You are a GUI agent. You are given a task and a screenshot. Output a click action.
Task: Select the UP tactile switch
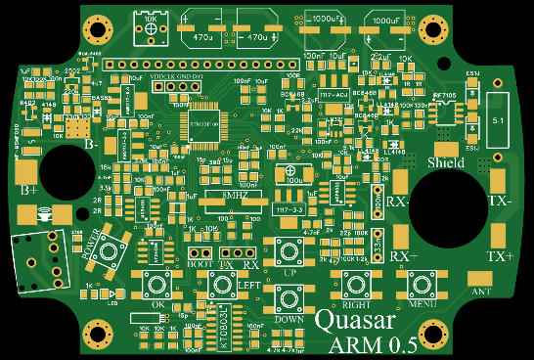click(x=289, y=251)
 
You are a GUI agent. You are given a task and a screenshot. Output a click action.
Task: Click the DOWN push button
click(x=289, y=298)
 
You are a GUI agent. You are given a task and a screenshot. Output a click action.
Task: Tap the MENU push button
click(x=423, y=284)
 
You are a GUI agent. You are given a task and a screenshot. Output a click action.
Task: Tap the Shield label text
click(x=446, y=162)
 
